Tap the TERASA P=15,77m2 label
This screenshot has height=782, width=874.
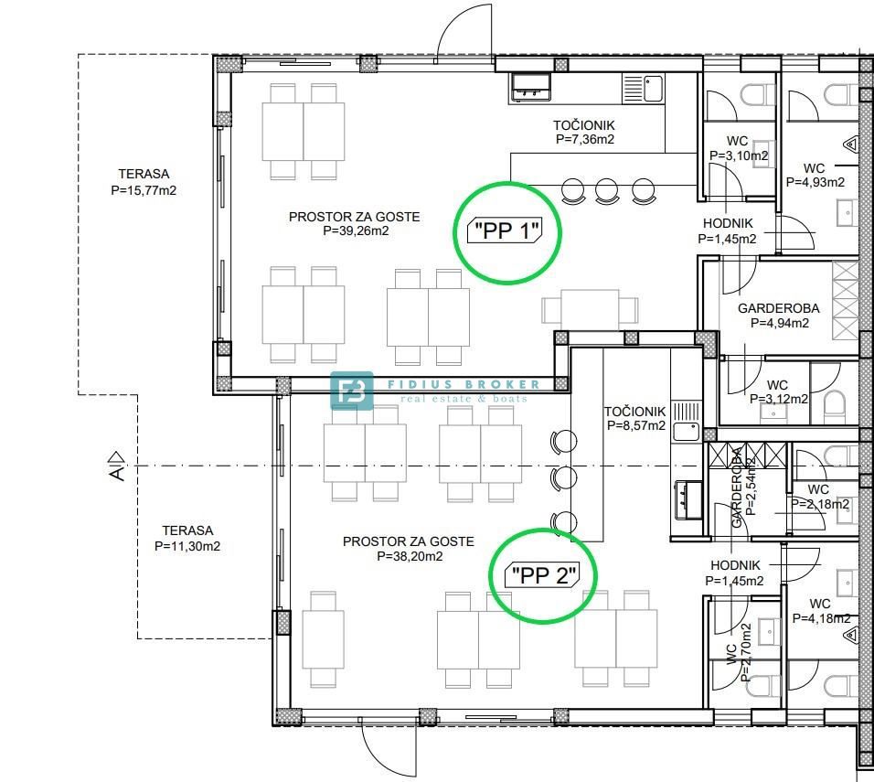pyautogui.click(x=144, y=182)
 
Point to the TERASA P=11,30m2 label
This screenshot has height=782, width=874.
pyautogui.click(x=187, y=538)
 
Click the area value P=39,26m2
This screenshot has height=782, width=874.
pyautogui.click(x=356, y=230)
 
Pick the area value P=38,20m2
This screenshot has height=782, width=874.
pyautogui.click(x=410, y=556)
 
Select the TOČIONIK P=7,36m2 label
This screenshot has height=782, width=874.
pyautogui.click(x=584, y=133)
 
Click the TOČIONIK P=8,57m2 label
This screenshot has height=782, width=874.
pyautogui.click(x=635, y=418)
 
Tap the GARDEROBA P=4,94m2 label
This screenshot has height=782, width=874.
pyautogui.click(x=779, y=316)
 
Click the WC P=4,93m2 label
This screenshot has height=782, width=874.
pyautogui.click(x=815, y=175)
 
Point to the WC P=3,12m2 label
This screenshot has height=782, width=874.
pyautogui.click(x=778, y=392)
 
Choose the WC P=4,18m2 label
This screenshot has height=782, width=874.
pyautogui.click(x=821, y=611)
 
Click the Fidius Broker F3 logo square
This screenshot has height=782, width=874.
pyautogui.click(x=352, y=391)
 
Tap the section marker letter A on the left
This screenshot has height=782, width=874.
pyautogui.click(x=116, y=474)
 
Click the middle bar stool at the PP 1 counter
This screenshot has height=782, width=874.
pyautogui.click(x=606, y=190)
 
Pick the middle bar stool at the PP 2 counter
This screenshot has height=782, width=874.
pyautogui.click(x=563, y=478)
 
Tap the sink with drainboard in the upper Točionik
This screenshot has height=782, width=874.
pyautogui.click(x=643, y=89)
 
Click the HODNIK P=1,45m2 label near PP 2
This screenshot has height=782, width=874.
pyautogui.click(x=735, y=573)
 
